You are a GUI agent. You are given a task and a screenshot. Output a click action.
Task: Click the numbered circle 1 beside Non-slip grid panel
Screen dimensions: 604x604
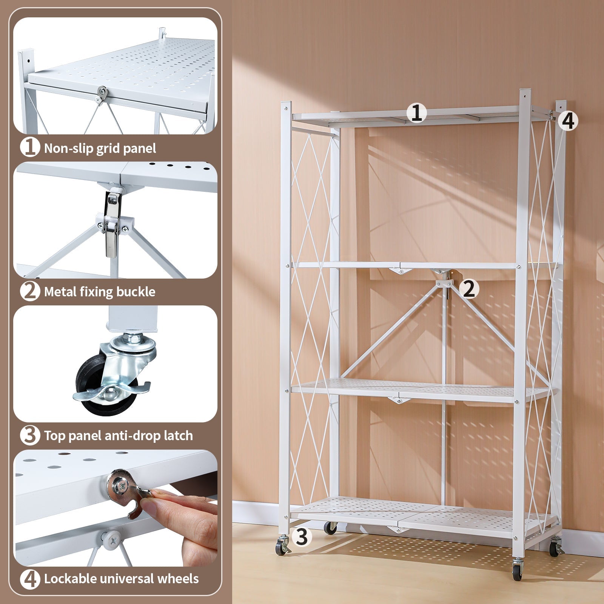(x=29, y=148)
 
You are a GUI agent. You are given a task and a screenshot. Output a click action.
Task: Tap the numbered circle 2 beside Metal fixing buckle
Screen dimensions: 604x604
(x=29, y=291)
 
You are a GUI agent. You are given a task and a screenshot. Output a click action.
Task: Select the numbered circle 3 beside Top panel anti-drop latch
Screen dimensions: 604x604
(x=29, y=435)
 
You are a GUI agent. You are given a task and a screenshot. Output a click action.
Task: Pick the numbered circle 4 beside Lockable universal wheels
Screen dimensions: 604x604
(x=29, y=579)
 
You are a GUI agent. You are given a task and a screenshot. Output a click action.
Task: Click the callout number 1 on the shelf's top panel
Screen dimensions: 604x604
(x=416, y=113)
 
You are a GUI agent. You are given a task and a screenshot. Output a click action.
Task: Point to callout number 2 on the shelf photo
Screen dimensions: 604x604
(x=468, y=289)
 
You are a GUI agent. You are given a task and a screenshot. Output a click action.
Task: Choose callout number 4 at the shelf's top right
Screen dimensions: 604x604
(x=568, y=121)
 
